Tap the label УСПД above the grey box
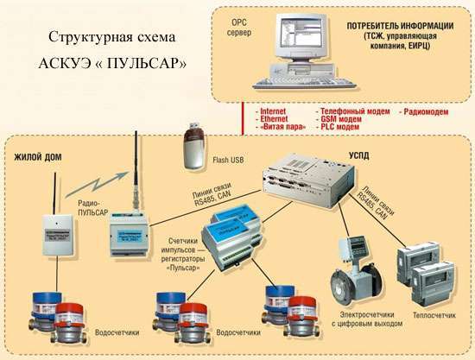click(359, 156)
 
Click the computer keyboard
click(304, 83)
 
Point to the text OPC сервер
click(239, 28)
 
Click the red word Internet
click(273, 111)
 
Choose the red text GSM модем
click(341, 119)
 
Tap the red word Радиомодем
click(426, 111)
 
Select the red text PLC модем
click(340, 127)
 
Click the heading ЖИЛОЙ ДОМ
click(38, 157)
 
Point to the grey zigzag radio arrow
click(97, 184)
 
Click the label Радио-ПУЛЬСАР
click(92, 208)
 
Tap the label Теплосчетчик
click(434, 315)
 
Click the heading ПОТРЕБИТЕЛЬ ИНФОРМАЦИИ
click(400, 26)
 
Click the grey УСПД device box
click(308, 180)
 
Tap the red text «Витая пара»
click(283, 127)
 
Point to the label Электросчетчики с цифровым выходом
click(367, 319)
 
